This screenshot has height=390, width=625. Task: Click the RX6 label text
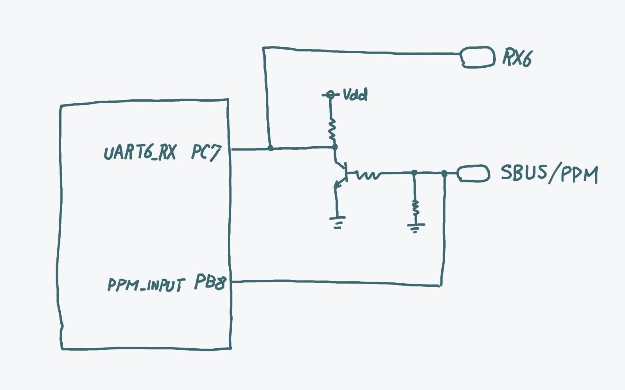(x=517, y=58)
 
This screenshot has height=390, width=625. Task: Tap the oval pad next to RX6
(x=478, y=57)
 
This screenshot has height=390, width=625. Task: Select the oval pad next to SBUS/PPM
(x=473, y=173)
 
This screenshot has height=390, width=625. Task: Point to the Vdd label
(x=355, y=95)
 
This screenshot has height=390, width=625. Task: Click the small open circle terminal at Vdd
(x=330, y=95)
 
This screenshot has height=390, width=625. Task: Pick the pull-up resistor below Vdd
(x=332, y=129)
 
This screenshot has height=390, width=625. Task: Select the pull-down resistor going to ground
(x=415, y=207)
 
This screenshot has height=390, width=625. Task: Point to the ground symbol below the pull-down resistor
(x=415, y=228)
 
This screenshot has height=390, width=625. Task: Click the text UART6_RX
(x=140, y=152)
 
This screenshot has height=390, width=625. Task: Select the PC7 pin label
(x=206, y=152)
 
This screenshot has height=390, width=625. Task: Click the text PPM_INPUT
(x=146, y=284)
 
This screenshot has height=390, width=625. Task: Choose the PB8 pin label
(x=210, y=282)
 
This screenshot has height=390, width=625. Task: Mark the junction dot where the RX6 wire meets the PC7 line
(x=271, y=148)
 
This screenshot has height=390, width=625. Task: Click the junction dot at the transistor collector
(x=335, y=147)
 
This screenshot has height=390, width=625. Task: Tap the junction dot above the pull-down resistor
(x=414, y=173)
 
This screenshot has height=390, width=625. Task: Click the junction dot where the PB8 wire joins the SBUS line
(x=444, y=173)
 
